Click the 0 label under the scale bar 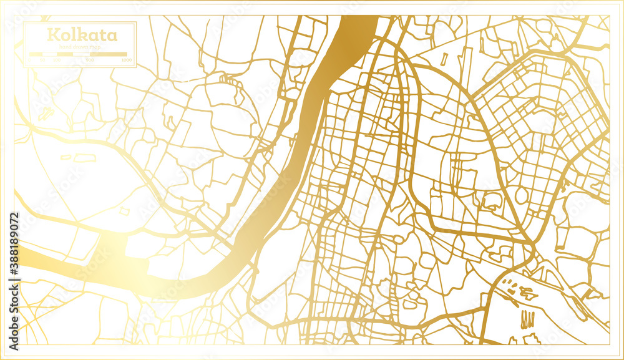point(30,60)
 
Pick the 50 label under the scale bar point(42,60)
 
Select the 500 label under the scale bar point(90,60)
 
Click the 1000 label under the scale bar point(127,60)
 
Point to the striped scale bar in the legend point(78,54)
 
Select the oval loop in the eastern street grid point(520,195)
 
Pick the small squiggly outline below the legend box point(45,114)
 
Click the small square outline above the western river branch point(125,212)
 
